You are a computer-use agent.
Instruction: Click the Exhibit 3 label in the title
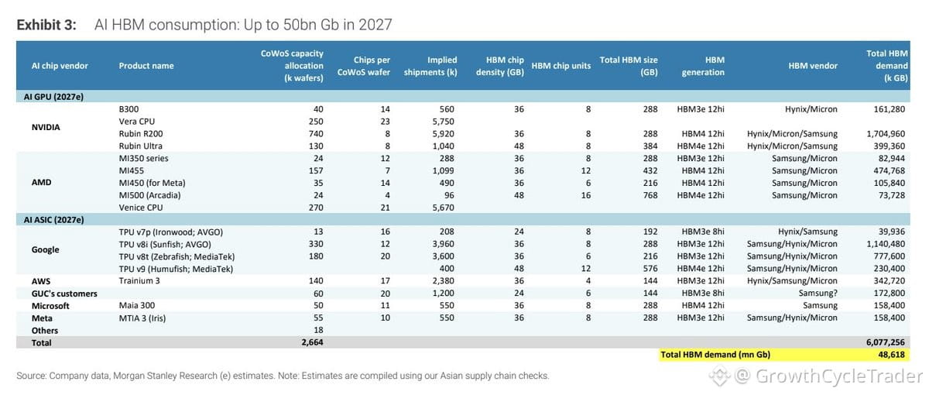pos(46,25)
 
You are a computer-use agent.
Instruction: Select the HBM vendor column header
pos(813,66)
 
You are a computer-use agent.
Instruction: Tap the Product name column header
pos(146,66)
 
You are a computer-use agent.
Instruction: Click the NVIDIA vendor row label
pos(46,127)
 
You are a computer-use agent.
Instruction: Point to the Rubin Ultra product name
pos(141,146)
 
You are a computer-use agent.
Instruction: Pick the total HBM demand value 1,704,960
pos(886,133)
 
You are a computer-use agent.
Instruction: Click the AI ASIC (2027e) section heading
pos(54,219)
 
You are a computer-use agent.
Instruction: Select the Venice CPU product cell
pos(141,208)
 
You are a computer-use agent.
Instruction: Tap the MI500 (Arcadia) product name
pos(149,195)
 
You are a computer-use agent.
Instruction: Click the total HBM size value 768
pos(650,195)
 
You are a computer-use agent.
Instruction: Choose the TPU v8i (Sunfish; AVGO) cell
pos(165,244)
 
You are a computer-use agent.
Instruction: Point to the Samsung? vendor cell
pos(818,293)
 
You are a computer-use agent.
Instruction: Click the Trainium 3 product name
pos(139,281)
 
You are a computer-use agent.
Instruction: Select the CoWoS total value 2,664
pos(312,342)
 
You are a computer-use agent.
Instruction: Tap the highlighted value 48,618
pos(891,355)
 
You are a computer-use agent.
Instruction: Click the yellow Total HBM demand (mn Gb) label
pos(715,355)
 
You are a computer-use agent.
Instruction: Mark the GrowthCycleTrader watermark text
pos(838,376)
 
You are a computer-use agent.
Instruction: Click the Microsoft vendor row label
pos(50,306)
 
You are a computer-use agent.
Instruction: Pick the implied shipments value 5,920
pos(444,133)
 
